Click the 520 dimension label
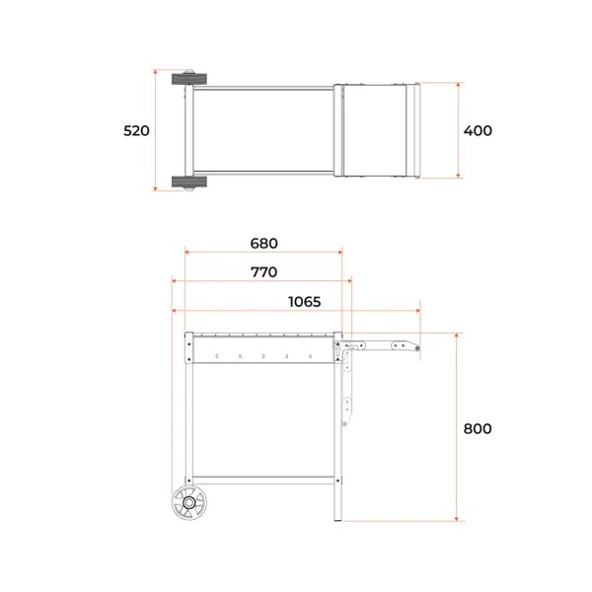tap(136, 130)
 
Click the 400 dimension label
tap(478, 130)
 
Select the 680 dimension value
tap(263, 243)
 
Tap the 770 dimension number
tap(263, 272)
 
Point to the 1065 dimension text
tap(304, 302)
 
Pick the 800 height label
tap(478, 429)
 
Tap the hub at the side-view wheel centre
tap(189, 502)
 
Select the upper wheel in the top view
tap(189, 79)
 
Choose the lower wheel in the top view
tap(189, 182)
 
